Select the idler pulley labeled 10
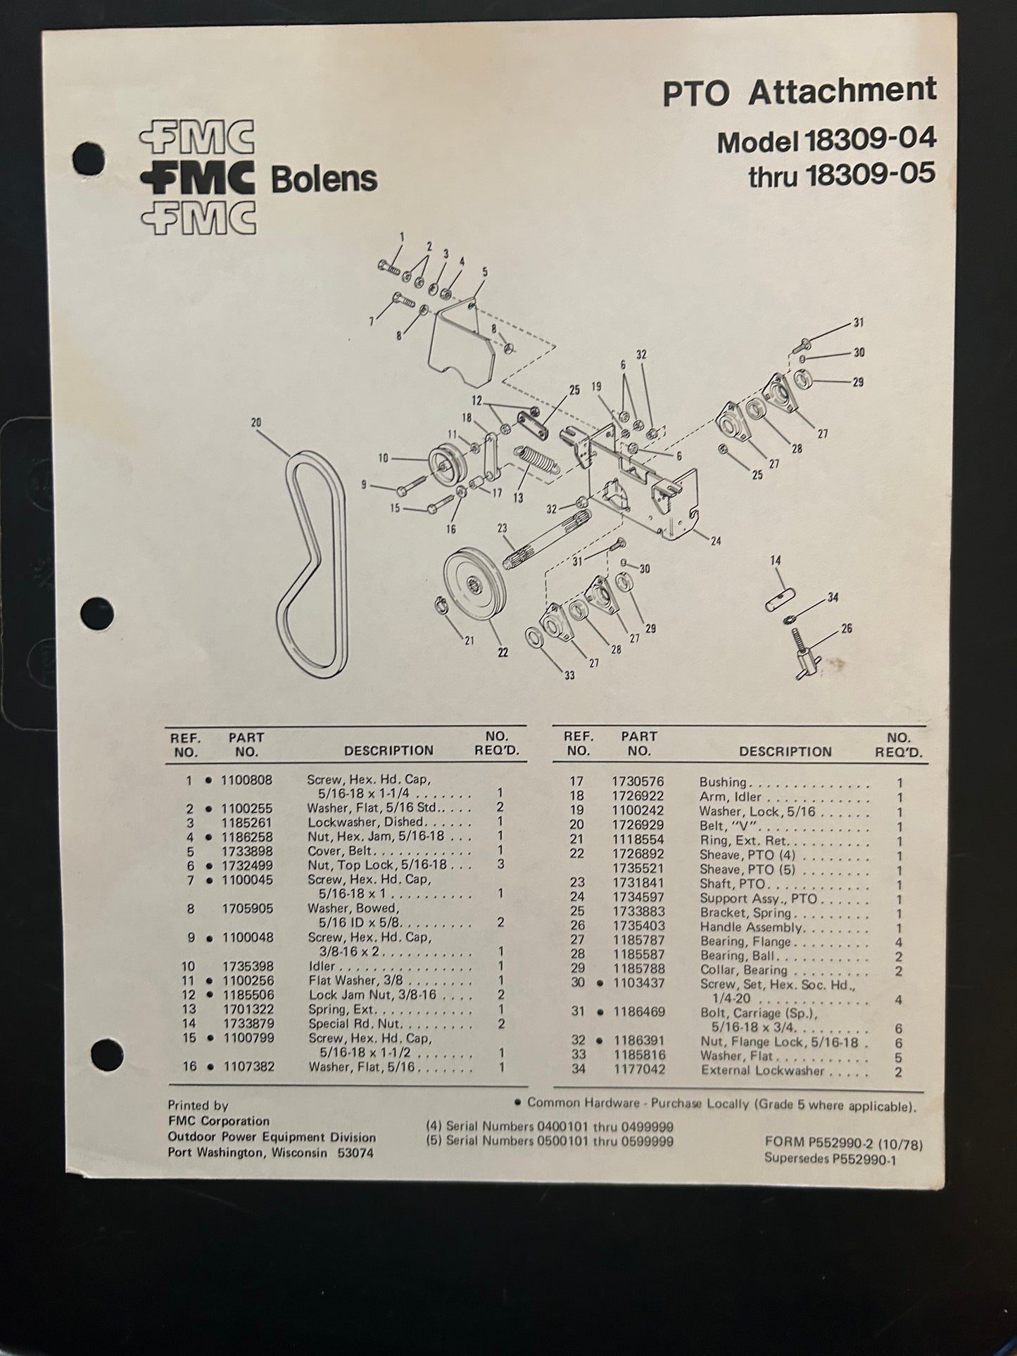click(x=443, y=461)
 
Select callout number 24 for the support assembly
click(x=715, y=541)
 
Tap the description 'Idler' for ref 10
click(x=322, y=966)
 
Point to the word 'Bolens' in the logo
click(x=324, y=179)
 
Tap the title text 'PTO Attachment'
click(x=799, y=92)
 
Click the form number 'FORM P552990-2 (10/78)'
click(x=843, y=1146)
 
